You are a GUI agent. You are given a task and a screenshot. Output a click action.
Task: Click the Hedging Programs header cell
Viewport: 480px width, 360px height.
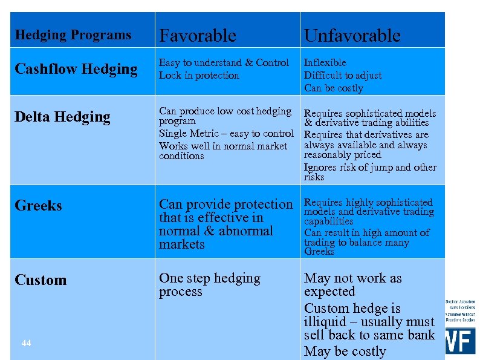click(x=73, y=35)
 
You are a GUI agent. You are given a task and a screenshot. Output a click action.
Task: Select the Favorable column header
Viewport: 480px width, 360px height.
click(x=197, y=36)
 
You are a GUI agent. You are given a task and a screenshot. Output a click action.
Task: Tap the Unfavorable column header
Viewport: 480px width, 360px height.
click(x=352, y=36)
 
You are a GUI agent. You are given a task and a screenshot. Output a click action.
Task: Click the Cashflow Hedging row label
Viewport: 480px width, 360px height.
click(x=76, y=69)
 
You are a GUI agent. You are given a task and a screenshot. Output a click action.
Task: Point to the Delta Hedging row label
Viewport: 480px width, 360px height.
click(x=62, y=117)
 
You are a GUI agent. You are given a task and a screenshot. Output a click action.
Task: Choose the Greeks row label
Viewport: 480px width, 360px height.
click(x=38, y=206)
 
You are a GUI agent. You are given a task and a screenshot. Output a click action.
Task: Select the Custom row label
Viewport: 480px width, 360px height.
click(x=41, y=280)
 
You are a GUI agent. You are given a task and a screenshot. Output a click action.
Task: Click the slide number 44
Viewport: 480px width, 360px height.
click(x=26, y=343)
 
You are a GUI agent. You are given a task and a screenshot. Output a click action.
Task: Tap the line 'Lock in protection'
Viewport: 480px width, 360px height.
click(x=199, y=76)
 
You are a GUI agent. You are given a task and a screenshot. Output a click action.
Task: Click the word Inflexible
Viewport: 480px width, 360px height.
click(x=325, y=63)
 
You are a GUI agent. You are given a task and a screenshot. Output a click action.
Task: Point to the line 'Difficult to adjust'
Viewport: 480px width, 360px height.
click(x=343, y=76)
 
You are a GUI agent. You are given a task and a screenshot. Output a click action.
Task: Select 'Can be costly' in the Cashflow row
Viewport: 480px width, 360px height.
click(x=334, y=88)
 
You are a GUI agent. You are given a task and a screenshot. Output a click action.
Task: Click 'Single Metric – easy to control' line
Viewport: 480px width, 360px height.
click(x=226, y=134)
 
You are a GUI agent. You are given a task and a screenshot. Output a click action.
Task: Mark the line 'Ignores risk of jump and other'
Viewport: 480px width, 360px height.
click(x=370, y=167)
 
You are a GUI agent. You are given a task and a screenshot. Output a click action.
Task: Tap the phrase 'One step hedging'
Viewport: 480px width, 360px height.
click(x=209, y=278)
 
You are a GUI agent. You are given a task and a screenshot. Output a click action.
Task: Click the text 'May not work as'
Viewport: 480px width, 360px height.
click(x=352, y=278)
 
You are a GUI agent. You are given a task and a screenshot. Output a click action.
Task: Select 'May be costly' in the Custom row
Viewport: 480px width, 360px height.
click(x=345, y=352)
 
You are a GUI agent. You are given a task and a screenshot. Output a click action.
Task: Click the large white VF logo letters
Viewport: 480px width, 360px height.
click(x=460, y=341)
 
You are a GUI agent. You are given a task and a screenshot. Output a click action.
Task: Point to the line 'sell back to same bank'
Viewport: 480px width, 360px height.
click(x=369, y=335)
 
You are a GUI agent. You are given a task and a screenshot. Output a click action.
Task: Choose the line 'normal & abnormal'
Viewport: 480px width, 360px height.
click(x=216, y=231)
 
